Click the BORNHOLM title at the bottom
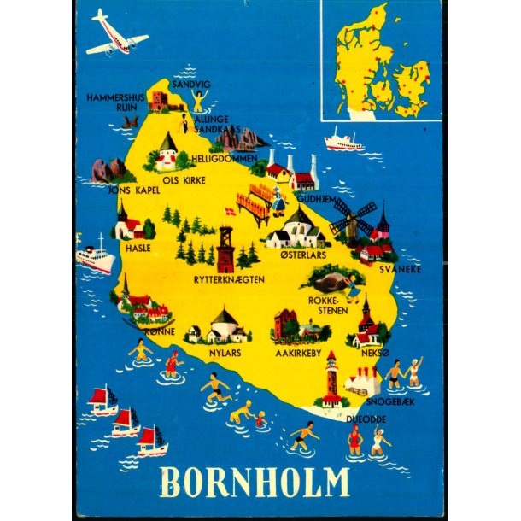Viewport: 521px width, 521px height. coord(255,482)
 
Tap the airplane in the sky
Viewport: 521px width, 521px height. coord(117,35)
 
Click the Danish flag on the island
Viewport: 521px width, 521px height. coord(228,211)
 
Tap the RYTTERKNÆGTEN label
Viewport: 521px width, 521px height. coord(228,279)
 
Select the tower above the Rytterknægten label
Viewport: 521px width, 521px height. coord(225,248)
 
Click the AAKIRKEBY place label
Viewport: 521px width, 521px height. coord(297,351)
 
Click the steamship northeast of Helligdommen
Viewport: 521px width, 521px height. coord(343,141)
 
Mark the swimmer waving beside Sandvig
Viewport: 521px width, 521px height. coord(199,102)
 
